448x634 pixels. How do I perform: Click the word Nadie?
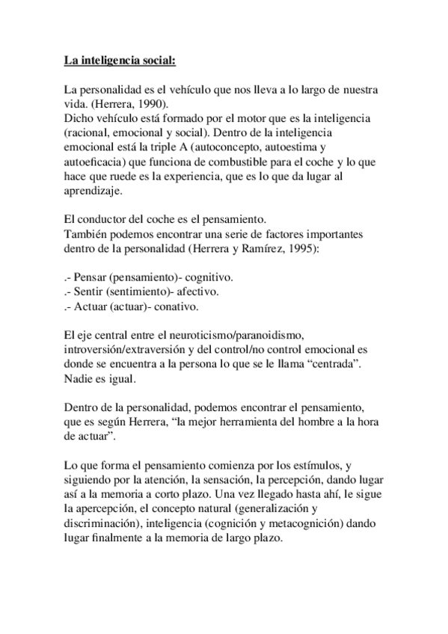pyautogui.click(x=79, y=379)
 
